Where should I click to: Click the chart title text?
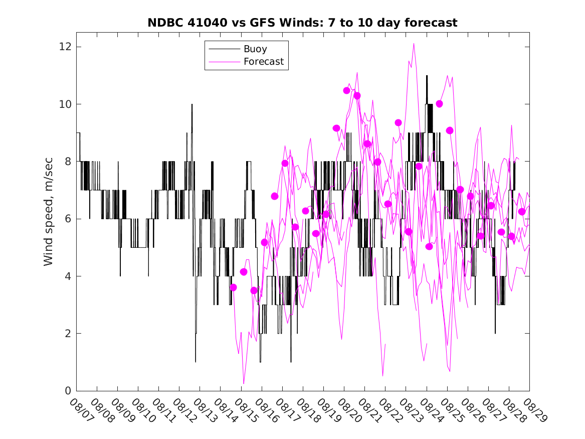pyautogui.click(x=302, y=23)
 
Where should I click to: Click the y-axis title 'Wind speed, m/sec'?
pyautogui.click(x=49, y=211)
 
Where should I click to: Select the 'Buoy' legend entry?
pyautogui.click(x=255, y=49)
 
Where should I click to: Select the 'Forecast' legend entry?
pyautogui.click(x=264, y=62)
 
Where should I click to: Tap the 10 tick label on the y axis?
pyautogui.click(x=65, y=104)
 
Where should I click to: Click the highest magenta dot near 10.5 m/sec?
pyautogui.click(x=346, y=90)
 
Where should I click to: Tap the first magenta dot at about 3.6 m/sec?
pyautogui.click(x=233, y=287)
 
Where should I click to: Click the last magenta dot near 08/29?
pyautogui.click(x=522, y=212)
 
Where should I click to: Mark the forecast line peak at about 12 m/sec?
pyautogui.click(x=414, y=44)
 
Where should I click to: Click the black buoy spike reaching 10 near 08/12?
pyautogui.click(x=191, y=104)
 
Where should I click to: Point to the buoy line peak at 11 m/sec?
pyautogui.click(x=427, y=76)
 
